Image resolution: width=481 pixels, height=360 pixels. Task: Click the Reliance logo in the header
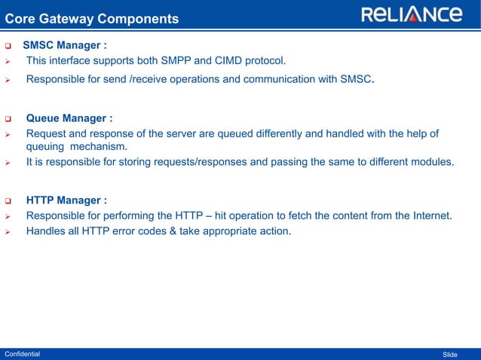[412, 15]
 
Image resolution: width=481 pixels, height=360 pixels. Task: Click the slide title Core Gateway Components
[92, 18]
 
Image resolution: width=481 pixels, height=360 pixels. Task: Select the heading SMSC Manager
[69, 45]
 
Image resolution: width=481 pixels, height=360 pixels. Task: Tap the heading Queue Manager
[69, 118]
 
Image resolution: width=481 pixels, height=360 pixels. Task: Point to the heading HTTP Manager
[66, 200]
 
